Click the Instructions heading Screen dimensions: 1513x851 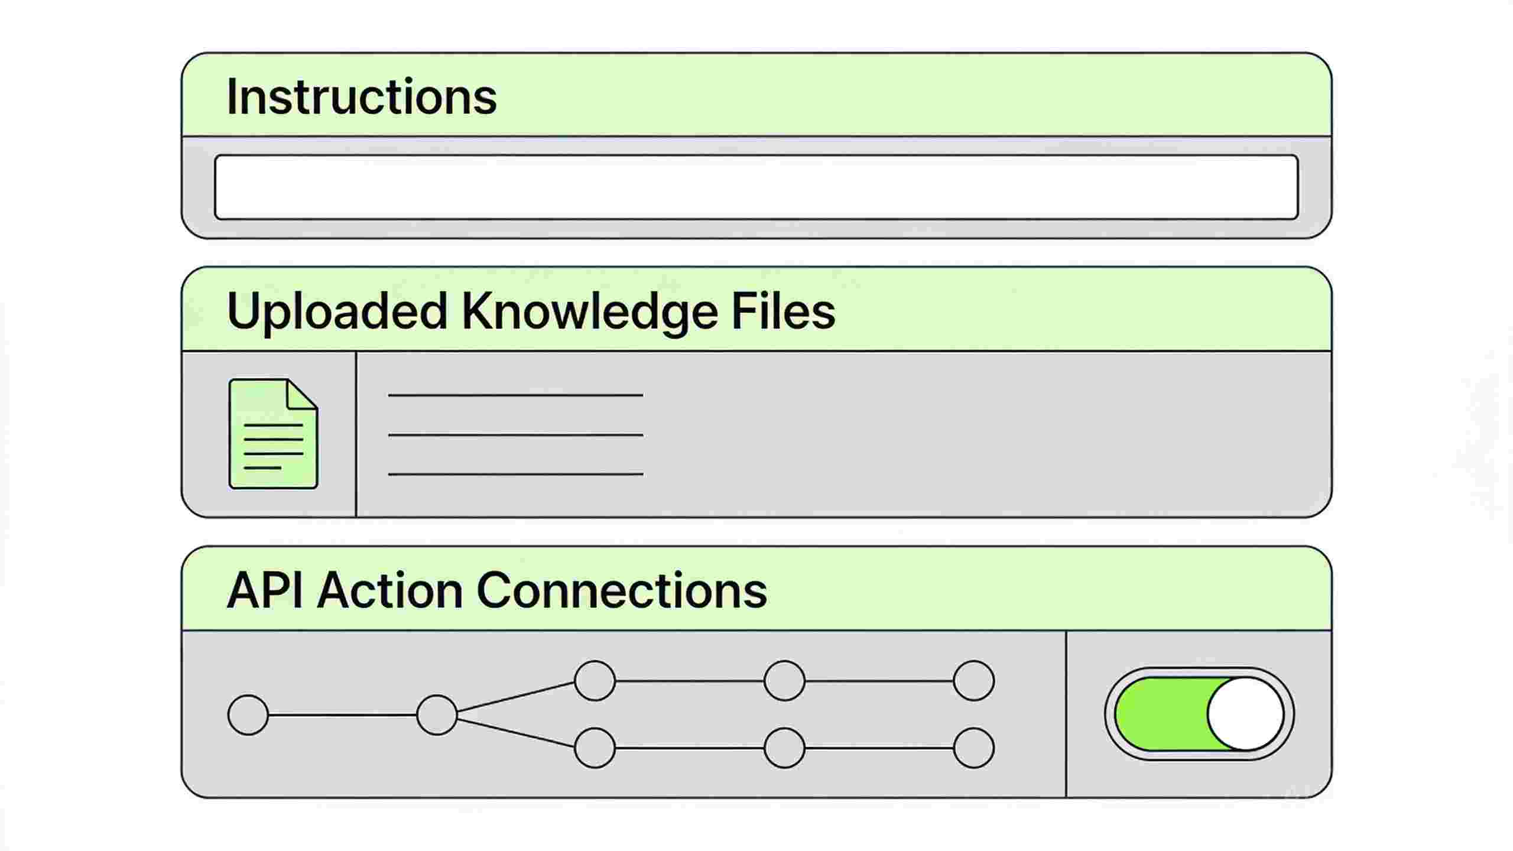(362, 96)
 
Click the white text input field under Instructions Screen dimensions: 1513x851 (756, 187)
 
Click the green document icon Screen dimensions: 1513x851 (273, 434)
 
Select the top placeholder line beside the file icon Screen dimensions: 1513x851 (515, 395)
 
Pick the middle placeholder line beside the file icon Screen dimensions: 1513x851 (515, 435)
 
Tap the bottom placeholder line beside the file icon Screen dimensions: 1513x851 (515, 474)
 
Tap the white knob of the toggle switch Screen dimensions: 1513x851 (1245, 714)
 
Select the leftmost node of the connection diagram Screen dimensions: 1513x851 (248, 715)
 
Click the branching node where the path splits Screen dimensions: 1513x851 (437, 715)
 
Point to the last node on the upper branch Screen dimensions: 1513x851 (974, 681)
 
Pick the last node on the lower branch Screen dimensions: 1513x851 (974, 748)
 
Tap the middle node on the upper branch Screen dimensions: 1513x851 (785, 681)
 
